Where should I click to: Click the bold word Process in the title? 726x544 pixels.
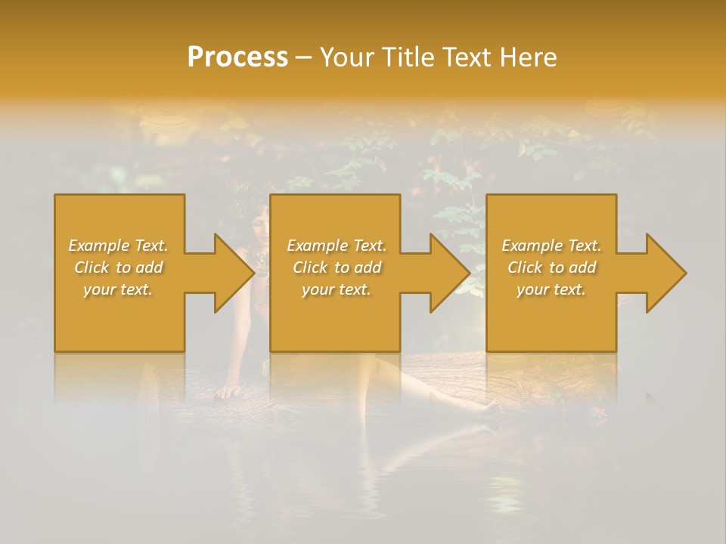pyautogui.click(x=237, y=57)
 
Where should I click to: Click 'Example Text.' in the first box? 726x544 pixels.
pyautogui.click(x=119, y=246)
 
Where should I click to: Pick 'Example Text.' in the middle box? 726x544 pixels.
pyautogui.click(x=337, y=246)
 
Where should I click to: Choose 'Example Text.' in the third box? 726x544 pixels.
pyautogui.click(x=551, y=246)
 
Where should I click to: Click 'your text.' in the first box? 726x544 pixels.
pyautogui.click(x=118, y=289)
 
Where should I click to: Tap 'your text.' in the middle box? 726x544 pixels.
pyautogui.click(x=337, y=289)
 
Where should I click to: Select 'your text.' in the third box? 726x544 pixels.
pyautogui.click(x=551, y=289)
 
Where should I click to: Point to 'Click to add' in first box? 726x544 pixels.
pyautogui.click(x=119, y=267)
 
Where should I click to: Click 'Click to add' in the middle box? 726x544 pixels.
pyautogui.click(x=337, y=267)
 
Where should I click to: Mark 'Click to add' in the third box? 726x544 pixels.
pyautogui.click(x=551, y=267)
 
